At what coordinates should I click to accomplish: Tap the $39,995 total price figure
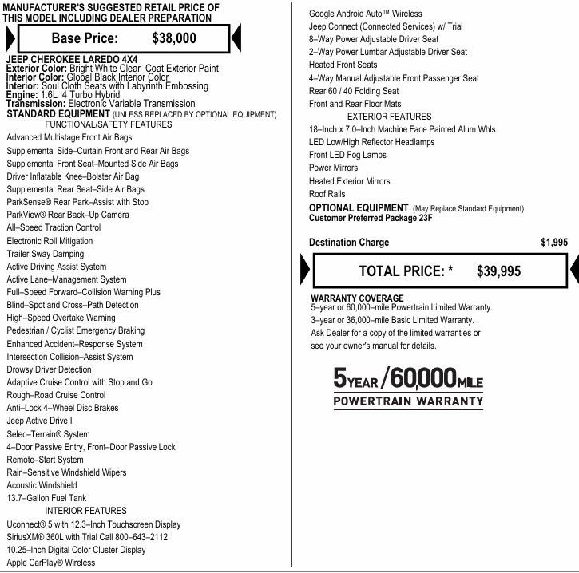pyautogui.click(x=498, y=271)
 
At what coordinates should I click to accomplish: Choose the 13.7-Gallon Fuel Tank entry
pyautogui.click(x=46, y=498)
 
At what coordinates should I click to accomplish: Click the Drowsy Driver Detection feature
pyautogui.click(x=49, y=369)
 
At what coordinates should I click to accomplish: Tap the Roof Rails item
pyautogui.click(x=327, y=194)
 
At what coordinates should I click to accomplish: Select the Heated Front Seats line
pyautogui.click(x=343, y=65)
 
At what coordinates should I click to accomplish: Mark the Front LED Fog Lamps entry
pyautogui.click(x=348, y=155)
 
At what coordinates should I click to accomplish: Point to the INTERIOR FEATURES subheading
pyautogui.click(x=85, y=511)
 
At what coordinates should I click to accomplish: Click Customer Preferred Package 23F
pyautogui.click(x=373, y=218)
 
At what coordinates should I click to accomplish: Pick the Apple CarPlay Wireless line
pyautogui.click(x=50, y=563)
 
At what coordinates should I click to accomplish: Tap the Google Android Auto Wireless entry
pyautogui.click(x=365, y=14)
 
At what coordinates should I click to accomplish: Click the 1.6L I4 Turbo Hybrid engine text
pyautogui.click(x=81, y=95)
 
